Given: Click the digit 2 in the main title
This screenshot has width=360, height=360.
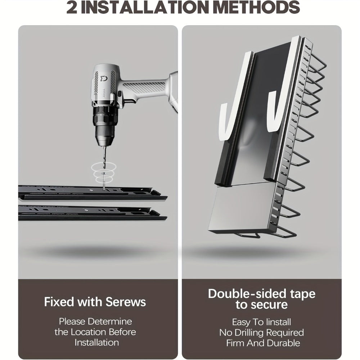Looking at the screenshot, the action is point(72,7).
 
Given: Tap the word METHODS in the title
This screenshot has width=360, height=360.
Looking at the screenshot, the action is point(256,7).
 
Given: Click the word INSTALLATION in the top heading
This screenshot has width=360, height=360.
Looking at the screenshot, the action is point(145,7).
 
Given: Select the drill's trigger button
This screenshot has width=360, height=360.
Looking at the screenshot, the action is point(120,94).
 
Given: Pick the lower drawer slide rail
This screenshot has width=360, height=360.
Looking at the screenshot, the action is point(92,213).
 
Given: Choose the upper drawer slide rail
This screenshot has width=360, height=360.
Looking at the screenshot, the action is point(92,193).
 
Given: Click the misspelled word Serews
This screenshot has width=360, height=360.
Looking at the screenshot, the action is point(126,302).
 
